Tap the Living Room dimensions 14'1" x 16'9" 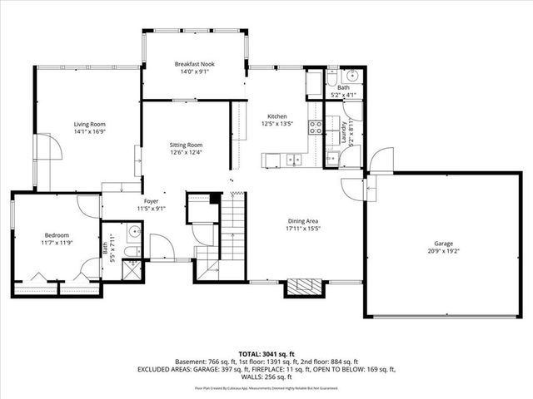point(90,131)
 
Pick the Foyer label point(151,201)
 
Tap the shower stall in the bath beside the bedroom point(132,268)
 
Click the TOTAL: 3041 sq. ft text point(266,353)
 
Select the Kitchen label point(276,116)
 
